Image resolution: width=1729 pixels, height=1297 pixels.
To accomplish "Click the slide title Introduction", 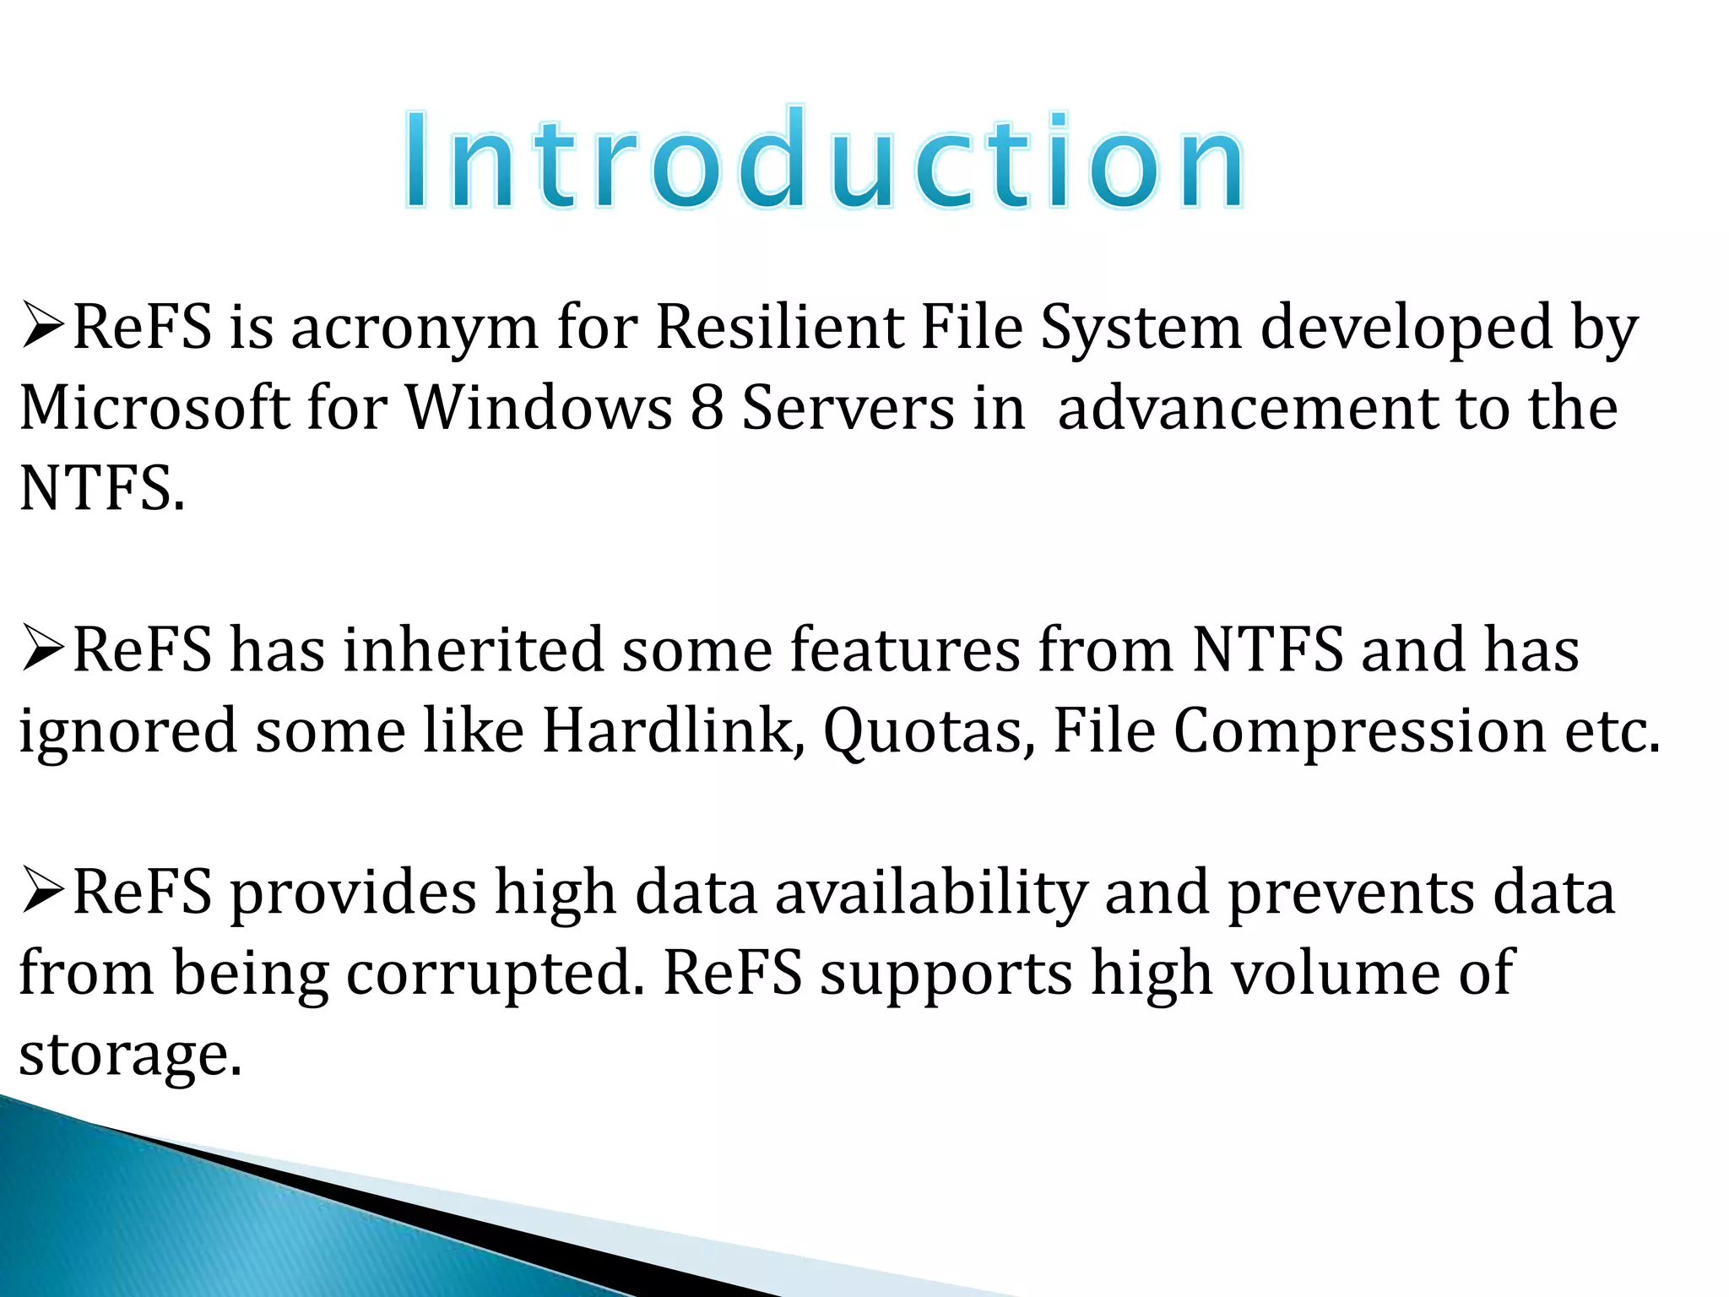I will point(823,160).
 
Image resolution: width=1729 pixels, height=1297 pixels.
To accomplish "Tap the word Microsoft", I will point(154,409).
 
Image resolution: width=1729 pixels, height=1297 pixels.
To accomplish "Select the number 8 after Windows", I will point(707,409).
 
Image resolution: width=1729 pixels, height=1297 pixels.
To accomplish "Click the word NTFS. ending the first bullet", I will point(101,490).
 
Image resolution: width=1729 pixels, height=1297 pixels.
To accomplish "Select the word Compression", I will point(1359,731).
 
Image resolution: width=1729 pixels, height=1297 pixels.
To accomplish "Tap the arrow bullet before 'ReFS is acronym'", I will point(43,328).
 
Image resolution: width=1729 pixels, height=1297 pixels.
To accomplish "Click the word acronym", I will point(415,329).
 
